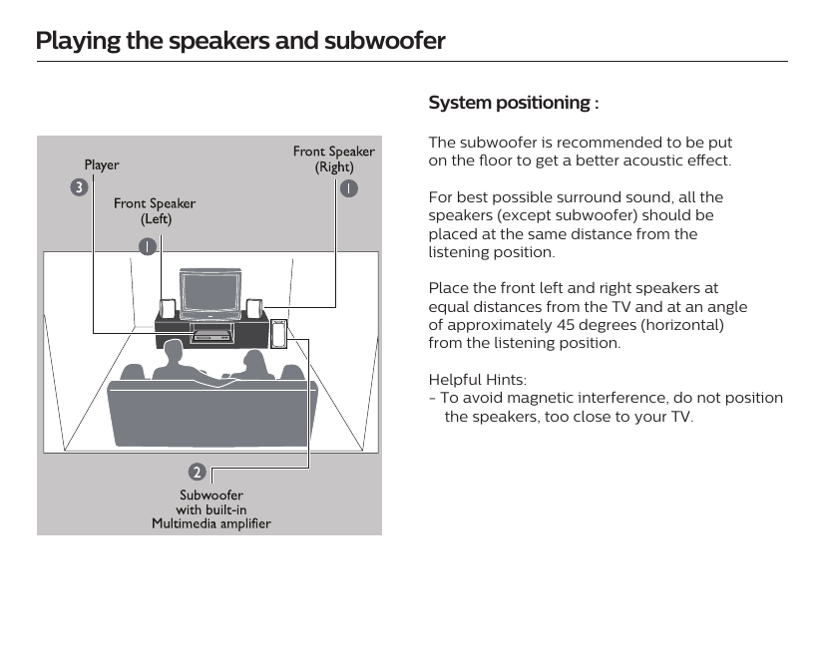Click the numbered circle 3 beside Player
click(x=77, y=186)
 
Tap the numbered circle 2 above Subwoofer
click(x=199, y=471)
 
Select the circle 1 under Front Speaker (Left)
click(x=147, y=245)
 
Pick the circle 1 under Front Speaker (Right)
click(x=347, y=187)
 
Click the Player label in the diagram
click(x=101, y=164)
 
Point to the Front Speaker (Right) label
click(x=333, y=159)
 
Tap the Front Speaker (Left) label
click(x=155, y=211)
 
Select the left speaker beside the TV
click(x=169, y=309)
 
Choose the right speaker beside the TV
click(x=255, y=309)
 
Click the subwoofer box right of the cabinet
click(x=278, y=334)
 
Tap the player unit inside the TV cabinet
click(x=209, y=335)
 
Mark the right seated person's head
click(x=253, y=361)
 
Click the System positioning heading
click(x=513, y=103)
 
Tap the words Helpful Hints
click(x=477, y=380)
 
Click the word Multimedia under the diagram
click(x=187, y=523)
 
